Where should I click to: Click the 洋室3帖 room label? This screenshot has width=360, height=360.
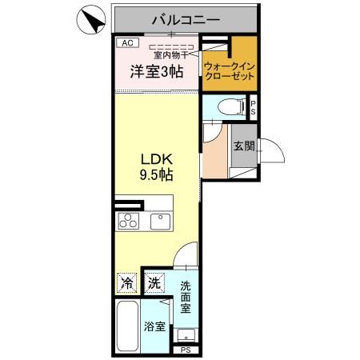coord(157,71)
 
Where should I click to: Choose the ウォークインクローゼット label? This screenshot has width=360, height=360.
coord(229,70)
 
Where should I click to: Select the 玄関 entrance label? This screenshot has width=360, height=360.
coord(244,146)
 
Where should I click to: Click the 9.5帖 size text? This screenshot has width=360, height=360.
coord(157,174)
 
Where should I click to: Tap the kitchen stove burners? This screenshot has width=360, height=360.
coord(129,221)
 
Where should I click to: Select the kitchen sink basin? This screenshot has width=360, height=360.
coord(159,221)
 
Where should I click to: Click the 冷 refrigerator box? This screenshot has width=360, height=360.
coord(127,282)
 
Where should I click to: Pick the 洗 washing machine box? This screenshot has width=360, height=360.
coord(154,282)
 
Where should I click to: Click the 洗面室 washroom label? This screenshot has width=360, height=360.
coord(185,296)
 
